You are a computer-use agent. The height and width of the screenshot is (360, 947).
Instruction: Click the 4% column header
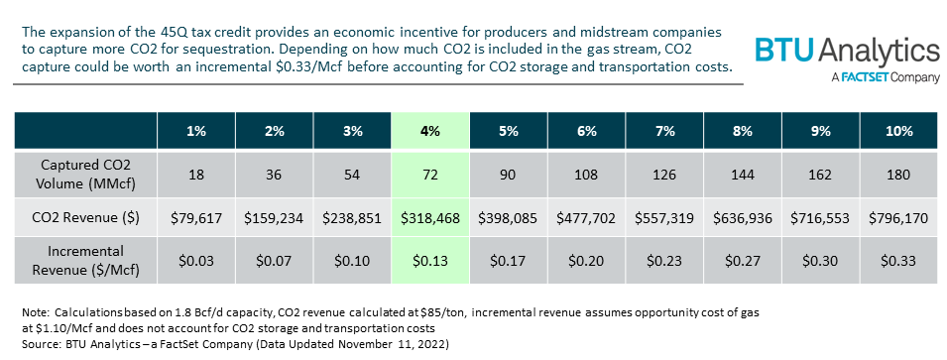tap(429, 131)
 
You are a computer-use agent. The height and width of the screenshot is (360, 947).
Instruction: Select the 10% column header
tap(896, 131)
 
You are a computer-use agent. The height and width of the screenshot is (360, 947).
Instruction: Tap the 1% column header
tap(195, 131)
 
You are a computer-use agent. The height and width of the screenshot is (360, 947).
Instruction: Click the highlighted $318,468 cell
tap(429, 216)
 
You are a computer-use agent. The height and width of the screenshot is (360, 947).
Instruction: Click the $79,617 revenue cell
tap(195, 216)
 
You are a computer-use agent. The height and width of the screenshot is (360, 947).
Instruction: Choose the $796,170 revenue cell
tap(896, 216)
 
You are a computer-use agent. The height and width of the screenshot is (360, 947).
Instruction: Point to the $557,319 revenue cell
tap(662, 216)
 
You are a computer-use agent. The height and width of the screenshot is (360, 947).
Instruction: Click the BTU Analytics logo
tap(847, 52)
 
